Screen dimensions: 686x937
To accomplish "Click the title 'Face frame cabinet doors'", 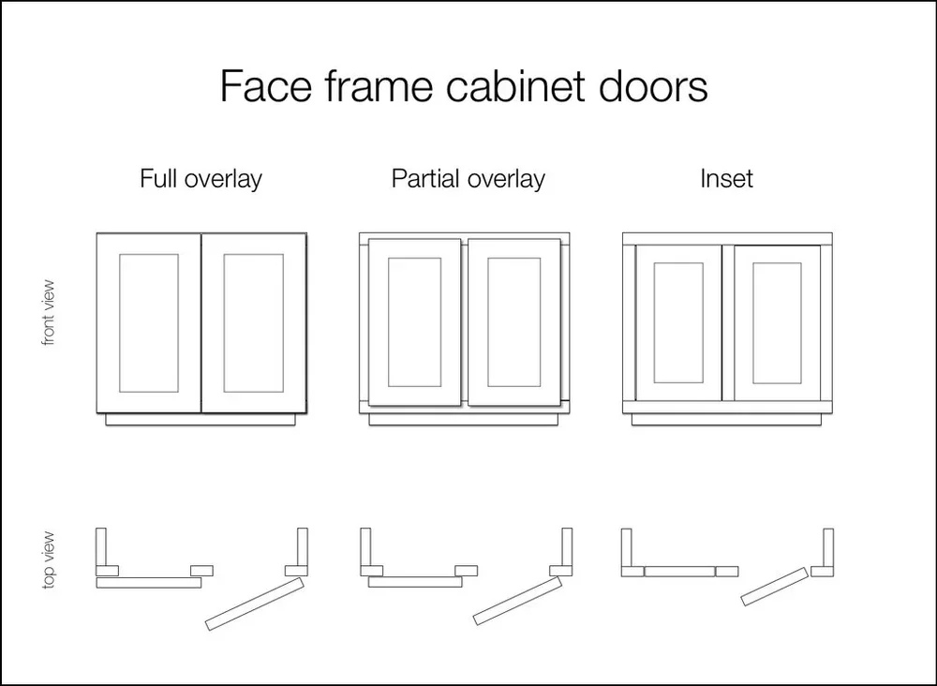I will (x=464, y=87).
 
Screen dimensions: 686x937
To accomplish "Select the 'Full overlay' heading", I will (x=201, y=178).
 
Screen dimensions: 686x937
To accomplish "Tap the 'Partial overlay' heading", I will (x=468, y=178).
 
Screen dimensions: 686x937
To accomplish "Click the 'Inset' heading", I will (x=726, y=178).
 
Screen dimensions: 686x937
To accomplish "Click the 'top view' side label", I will (x=50, y=560).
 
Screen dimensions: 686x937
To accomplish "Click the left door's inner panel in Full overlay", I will (x=149, y=322).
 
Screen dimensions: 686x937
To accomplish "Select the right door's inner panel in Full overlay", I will (x=253, y=322).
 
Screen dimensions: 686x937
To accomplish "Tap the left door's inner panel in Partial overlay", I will (x=414, y=322).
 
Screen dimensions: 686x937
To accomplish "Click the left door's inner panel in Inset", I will (x=678, y=322).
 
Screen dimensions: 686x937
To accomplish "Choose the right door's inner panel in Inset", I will (x=777, y=322).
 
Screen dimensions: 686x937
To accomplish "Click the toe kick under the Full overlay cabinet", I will (x=202, y=420).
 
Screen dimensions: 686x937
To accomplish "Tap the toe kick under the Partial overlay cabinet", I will (x=465, y=420).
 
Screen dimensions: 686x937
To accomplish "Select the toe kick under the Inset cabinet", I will (x=727, y=420).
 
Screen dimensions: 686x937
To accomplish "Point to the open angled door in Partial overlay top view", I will (x=518, y=600).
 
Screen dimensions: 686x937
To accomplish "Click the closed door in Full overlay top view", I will (x=149, y=582).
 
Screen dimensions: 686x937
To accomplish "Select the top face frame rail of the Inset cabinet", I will (x=727, y=238).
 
